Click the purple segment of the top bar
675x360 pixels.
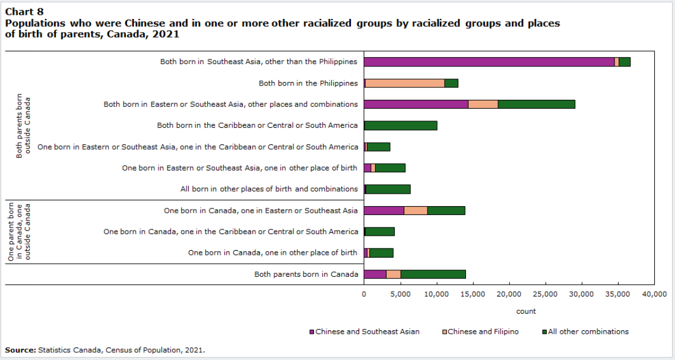[x=489, y=62]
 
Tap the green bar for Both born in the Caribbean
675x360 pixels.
[x=401, y=125]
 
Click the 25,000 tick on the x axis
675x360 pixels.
[x=545, y=294]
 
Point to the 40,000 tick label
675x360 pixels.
[x=654, y=294]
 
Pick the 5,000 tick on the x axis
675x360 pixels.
[x=400, y=294]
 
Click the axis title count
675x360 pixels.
[x=526, y=311]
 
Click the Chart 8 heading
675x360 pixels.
[x=24, y=11]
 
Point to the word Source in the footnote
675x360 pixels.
[x=20, y=350]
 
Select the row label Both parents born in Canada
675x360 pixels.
[x=306, y=274]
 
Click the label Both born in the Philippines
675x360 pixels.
[x=308, y=83]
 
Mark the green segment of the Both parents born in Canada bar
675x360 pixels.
[x=433, y=274]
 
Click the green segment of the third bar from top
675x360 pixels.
[x=536, y=105]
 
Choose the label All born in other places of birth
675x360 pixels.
[x=269, y=189]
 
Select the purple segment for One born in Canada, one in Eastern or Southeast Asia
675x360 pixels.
[x=384, y=210]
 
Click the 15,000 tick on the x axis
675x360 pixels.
[x=473, y=294]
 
